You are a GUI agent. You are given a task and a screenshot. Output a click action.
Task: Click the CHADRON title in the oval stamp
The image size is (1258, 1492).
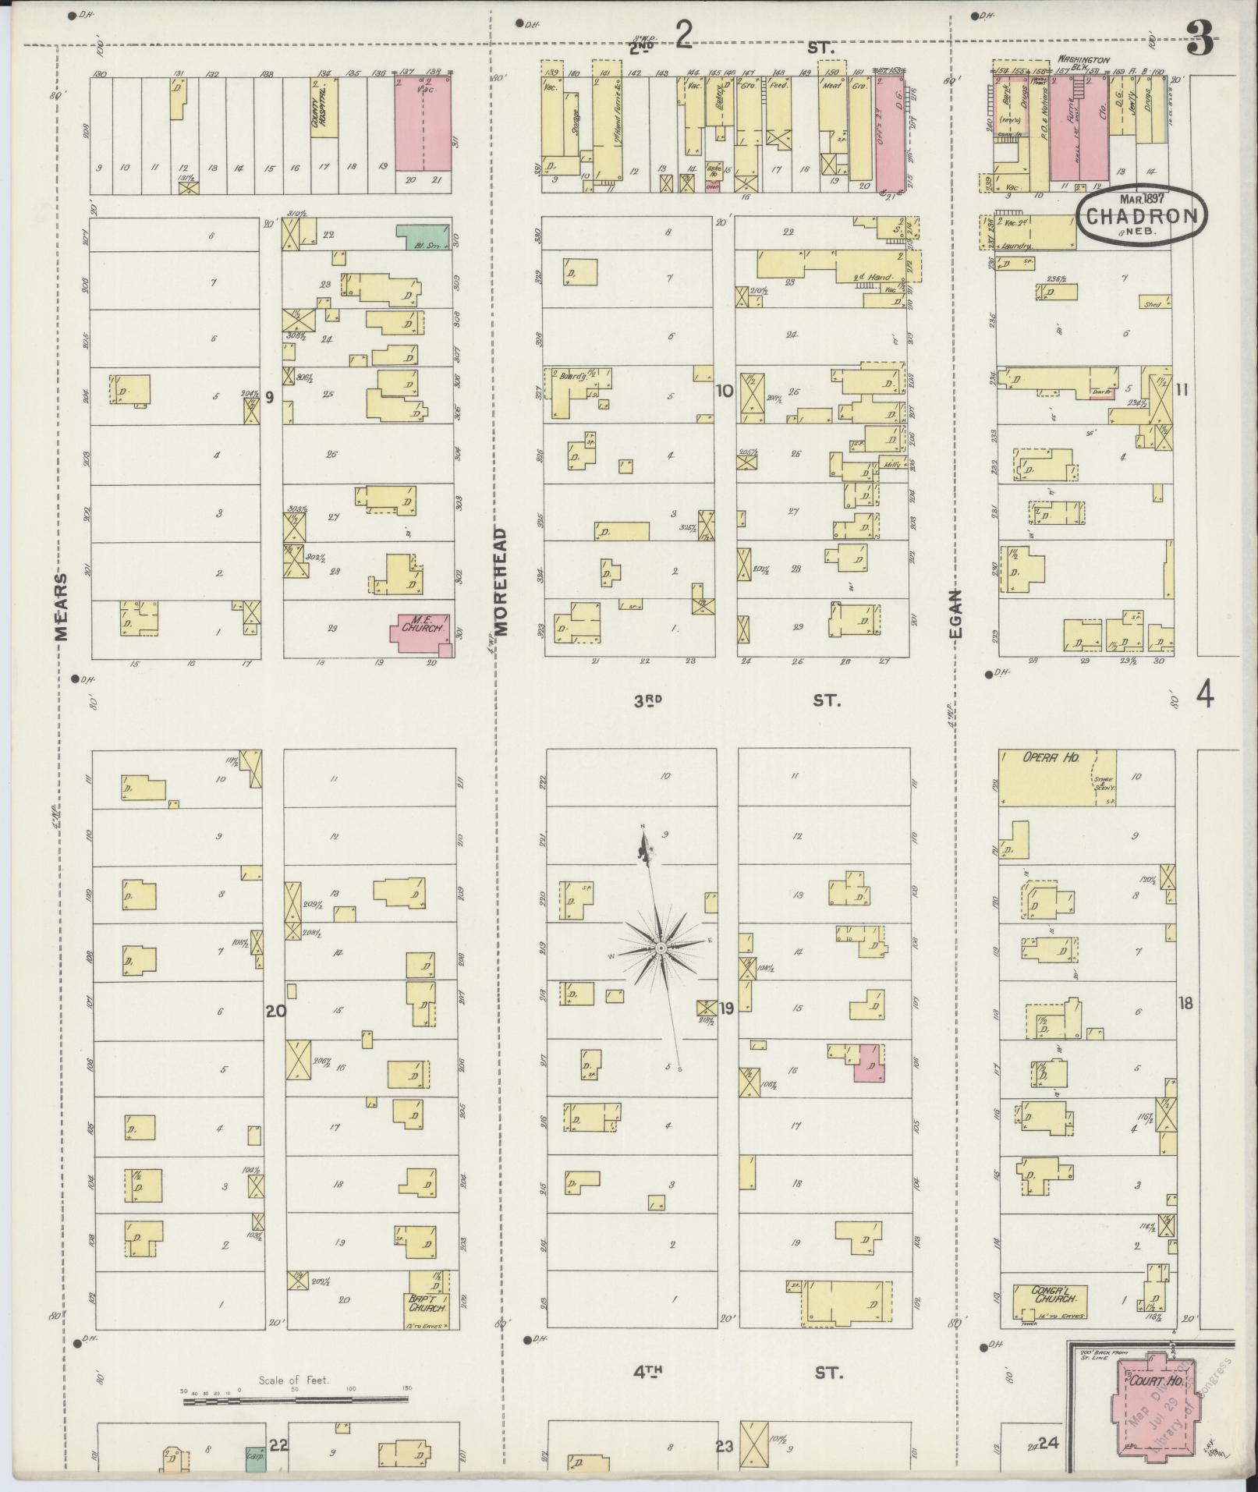pyautogui.click(x=1141, y=215)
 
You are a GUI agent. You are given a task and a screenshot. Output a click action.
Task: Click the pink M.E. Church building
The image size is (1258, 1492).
pyautogui.click(x=420, y=631)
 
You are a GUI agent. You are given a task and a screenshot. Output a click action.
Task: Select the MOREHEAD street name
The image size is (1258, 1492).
pyautogui.click(x=499, y=580)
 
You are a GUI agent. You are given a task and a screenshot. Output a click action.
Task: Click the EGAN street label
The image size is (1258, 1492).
pyautogui.click(x=956, y=613)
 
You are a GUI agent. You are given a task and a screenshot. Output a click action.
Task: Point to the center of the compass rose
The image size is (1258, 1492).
pyautogui.click(x=661, y=948)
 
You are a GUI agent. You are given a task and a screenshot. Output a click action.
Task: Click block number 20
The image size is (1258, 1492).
pyautogui.click(x=275, y=1012)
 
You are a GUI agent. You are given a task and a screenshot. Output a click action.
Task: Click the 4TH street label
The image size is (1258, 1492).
pyautogui.click(x=647, y=1371)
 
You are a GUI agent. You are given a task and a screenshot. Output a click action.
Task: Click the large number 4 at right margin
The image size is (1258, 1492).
pyautogui.click(x=1205, y=694)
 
